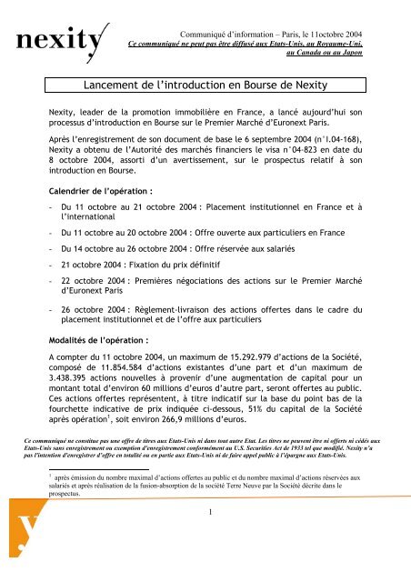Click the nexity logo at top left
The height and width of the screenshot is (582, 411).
[56, 41]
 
